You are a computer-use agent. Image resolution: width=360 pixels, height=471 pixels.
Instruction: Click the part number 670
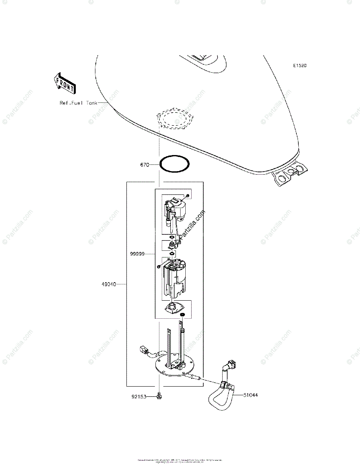click(x=144, y=165)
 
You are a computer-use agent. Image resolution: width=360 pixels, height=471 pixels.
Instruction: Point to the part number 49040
click(x=108, y=284)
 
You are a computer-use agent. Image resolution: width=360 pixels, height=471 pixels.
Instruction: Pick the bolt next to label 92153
click(x=159, y=396)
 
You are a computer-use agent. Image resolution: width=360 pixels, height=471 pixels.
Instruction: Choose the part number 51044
click(x=250, y=395)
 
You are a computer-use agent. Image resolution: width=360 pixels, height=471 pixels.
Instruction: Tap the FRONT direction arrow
click(x=64, y=83)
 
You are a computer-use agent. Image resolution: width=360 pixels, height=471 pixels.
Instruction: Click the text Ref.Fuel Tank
click(x=78, y=103)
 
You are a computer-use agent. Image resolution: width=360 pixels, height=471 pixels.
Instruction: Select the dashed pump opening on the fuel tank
click(x=175, y=118)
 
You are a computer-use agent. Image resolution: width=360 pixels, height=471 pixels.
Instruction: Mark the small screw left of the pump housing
click(x=158, y=267)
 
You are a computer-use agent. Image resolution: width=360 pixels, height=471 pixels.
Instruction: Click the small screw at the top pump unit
click(x=188, y=195)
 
